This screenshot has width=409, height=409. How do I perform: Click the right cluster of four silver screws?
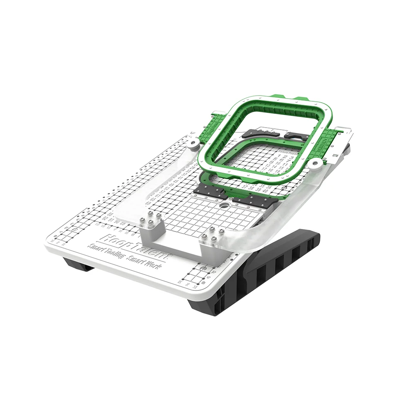[215, 235]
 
